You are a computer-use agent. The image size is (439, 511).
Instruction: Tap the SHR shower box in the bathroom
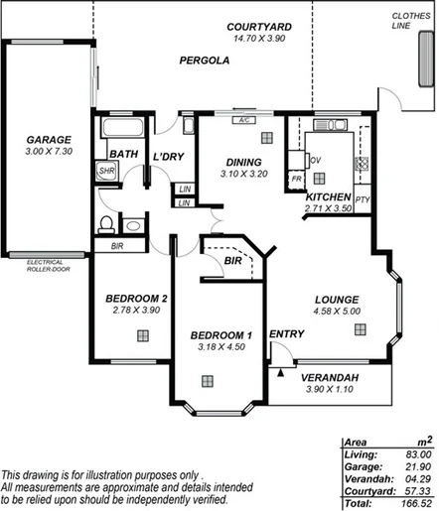pos(105,171)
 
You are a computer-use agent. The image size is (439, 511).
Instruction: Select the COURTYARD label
pos(258,27)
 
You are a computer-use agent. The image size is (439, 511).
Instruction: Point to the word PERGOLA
pos(205,61)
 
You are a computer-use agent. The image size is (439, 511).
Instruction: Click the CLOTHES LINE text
pos(410,21)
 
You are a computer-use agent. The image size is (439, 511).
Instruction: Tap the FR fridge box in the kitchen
pos(296,179)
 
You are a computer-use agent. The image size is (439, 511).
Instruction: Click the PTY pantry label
pos(362,198)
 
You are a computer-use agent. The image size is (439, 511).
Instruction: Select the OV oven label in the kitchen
pos(315,159)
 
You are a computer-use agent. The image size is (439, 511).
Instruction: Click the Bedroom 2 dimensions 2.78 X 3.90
pos(136,311)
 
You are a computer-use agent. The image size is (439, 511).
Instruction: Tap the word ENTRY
pos(287,334)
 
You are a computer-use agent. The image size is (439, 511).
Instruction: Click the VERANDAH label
pos(332,380)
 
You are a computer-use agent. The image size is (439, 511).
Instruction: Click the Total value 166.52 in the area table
pos(413,504)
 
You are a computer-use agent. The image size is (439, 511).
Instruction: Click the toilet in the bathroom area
pos(106,224)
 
